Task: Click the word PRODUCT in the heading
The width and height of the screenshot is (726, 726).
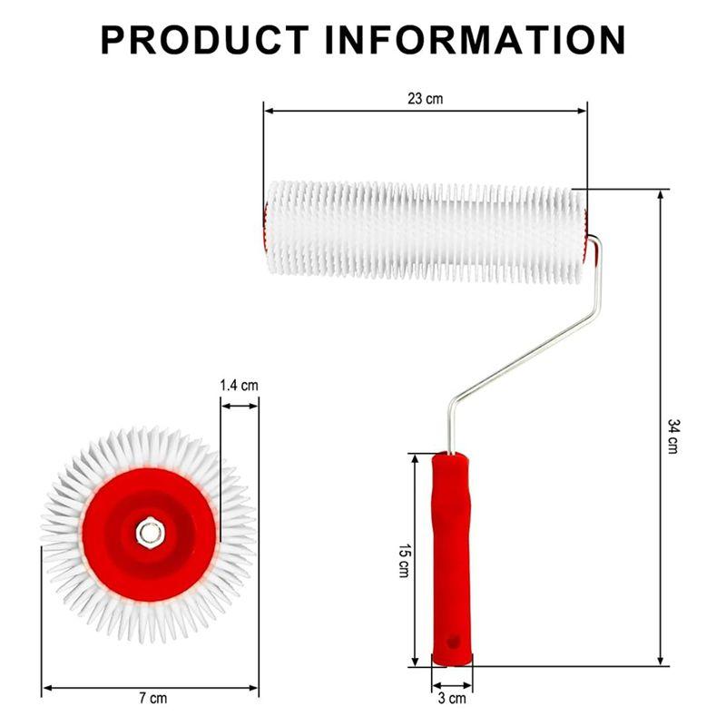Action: [203, 40]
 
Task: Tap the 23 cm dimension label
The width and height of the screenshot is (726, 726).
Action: [425, 98]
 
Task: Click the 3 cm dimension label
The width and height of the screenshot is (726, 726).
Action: [451, 698]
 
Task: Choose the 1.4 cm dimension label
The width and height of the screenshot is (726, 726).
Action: [239, 385]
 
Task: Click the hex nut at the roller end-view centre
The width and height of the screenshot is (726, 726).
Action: [150, 533]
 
